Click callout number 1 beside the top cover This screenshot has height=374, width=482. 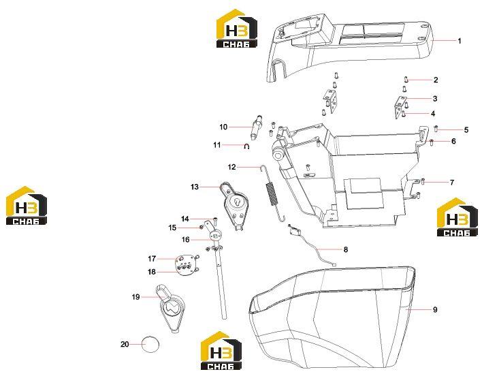[x=460, y=41]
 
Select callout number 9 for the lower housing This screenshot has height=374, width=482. [x=435, y=309]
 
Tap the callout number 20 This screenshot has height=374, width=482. [x=125, y=344]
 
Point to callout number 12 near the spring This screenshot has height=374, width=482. [x=231, y=167]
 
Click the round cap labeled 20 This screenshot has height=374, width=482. [x=150, y=344]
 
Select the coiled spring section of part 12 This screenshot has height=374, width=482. [x=271, y=193]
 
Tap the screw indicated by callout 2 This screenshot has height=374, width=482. [x=406, y=80]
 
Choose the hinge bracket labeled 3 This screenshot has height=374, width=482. [x=400, y=107]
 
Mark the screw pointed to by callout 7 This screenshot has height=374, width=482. [x=423, y=181]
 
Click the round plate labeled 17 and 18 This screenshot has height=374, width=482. [x=186, y=265]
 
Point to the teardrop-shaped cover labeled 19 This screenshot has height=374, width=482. [x=172, y=308]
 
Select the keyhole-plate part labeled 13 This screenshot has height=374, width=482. [x=235, y=206]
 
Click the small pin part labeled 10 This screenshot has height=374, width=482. [x=257, y=126]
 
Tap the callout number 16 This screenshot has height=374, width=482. [x=185, y=239]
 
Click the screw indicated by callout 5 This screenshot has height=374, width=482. [x=436, y=128]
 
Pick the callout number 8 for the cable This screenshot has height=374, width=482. [x=346, y=249]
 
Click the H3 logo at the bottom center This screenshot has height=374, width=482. [x=221, y=350]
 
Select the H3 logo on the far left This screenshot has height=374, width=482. [x=27, y=205]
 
